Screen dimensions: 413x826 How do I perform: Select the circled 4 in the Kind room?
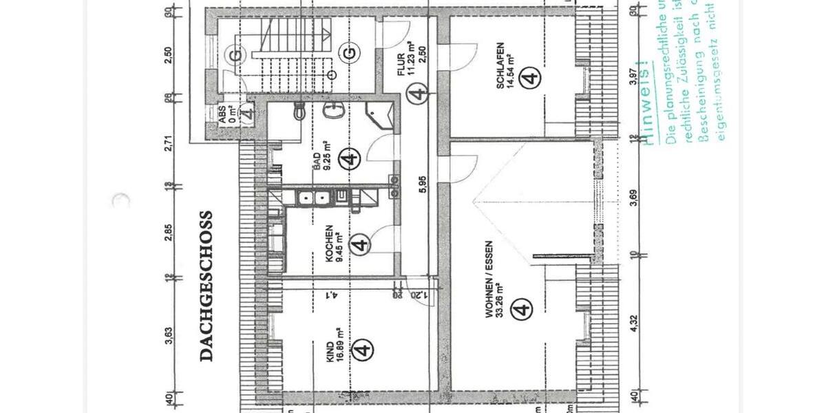click(x=363, y=350)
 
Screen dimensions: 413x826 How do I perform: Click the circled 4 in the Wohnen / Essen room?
click(x=523, y=310)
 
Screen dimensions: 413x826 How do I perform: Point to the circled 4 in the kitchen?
click(x=360, y=244)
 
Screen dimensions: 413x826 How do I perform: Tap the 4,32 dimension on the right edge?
click(x=633, y=324)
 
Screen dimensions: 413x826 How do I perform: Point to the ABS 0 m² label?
click(x=226, y=114)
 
